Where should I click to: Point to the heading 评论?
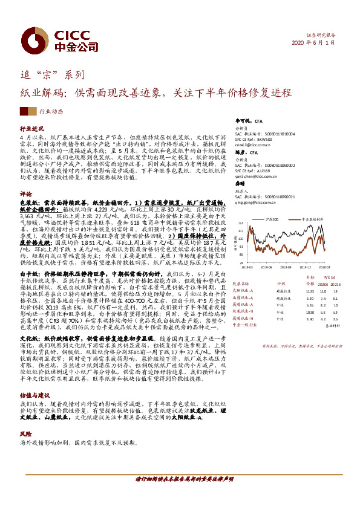(25, 193)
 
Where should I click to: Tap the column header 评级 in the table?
(280, 282)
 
